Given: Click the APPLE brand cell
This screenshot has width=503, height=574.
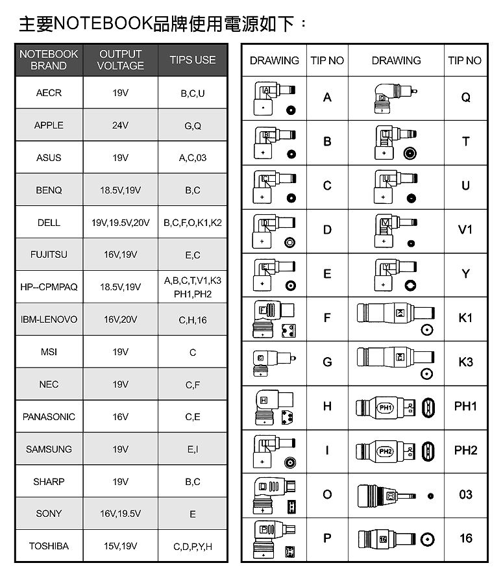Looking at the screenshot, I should pyautogui.click(x=49, y=125).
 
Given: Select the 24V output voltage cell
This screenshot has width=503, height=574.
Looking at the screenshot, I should pyautogui.click(x=120, y=125).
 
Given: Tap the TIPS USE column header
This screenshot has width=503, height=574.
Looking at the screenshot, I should pyautogui.click(x=192, y=60).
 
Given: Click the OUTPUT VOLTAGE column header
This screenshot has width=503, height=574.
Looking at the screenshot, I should pyautogui.click(x=120, y=60).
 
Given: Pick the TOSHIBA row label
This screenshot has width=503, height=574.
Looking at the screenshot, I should pyautogui.click(x=49, y=546).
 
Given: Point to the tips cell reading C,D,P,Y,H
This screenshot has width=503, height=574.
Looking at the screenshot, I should pyautogui.click(x=192, y=546).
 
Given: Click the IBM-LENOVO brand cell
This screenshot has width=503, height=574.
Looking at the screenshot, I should pyautogui.click(x=49, y=319).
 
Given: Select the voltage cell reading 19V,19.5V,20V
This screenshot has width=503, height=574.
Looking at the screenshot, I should pyautogui.click(x=120, y=223).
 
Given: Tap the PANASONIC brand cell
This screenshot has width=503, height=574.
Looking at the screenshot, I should pyautogui.click(x=49, y=417).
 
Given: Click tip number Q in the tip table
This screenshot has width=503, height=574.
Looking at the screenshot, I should pyautogui.click(x=465, y=97).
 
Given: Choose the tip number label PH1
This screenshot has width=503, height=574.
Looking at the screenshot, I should pyautogui.click(x=465, y=406).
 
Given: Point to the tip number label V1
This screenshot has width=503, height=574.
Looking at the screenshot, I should pyautogui.click(x=465, y=230).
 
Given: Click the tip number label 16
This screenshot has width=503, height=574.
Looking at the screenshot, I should pyautogui.click(x=465, y=539).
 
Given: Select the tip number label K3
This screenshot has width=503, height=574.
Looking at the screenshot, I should pyautogui.click(x=465, y=362).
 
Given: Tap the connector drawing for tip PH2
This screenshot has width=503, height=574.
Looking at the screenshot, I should pyautogui.click(x=396, y=451).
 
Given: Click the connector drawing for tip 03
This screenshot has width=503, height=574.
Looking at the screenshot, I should pyautogui.click(x=396, y=495).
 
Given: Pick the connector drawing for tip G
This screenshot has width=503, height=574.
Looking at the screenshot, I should pyautogui.click(x=274, y=362).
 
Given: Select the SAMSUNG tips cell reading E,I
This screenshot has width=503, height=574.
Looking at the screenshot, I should pyautogui.click(x=192, y=449).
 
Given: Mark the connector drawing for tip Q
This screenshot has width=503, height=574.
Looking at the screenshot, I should pyautogui.click(x=396, y=97).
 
